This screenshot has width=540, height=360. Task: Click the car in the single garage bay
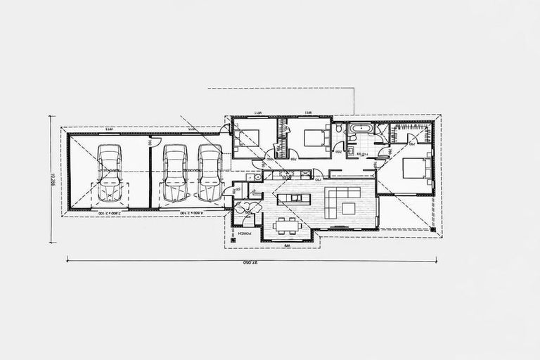(x=110, y=173)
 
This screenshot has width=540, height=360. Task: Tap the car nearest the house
(x=210, y=173)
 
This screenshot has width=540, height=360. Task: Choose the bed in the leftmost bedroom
(x=247, y=137)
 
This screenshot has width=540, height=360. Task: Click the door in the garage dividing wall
(x=149, y=141)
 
